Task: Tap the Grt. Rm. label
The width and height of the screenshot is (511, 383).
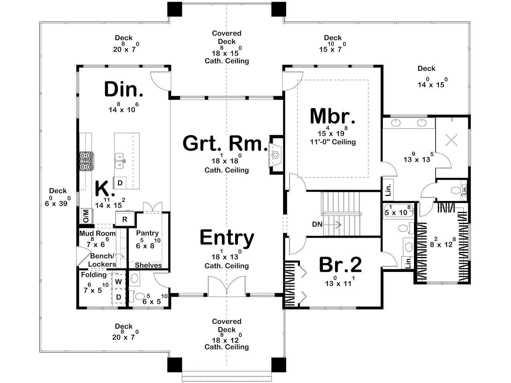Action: coord(225,144)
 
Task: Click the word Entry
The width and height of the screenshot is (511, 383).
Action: coord(227,238)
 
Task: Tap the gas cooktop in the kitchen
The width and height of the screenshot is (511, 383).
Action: coord(86,161)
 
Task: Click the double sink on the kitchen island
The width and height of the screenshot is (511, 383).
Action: coord(119,161)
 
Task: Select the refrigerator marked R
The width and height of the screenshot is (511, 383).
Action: coord(125,219)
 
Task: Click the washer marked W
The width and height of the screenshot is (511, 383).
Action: coord(118,282)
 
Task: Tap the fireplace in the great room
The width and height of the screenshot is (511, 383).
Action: coord(276,154)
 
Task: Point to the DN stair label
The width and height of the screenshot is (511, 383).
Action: coord(317,224)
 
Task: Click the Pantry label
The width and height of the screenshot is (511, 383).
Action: coord(147,233)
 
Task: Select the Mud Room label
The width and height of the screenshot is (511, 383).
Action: coord(97,233)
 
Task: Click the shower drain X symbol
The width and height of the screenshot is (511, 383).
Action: coord(451,140)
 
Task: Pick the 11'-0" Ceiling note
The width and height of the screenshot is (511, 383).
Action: coord(333,142)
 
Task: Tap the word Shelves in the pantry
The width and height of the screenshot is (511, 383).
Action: coord(148,265)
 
